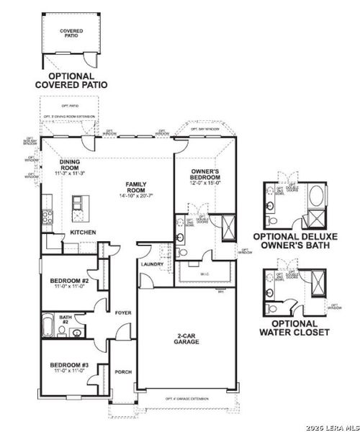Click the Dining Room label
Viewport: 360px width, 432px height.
coord(70,165)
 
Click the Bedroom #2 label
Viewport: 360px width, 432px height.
coord(69,280)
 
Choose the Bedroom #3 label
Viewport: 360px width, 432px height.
coord(69,366)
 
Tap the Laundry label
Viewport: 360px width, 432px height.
coord(153,264)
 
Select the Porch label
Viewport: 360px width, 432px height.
coord(123,372)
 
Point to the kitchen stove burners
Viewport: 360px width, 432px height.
coord(47,215)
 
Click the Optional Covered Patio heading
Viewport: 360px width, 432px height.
coord(71,80)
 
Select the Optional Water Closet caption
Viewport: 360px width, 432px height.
coord(296,328)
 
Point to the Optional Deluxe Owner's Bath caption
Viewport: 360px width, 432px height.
coord(296,241)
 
